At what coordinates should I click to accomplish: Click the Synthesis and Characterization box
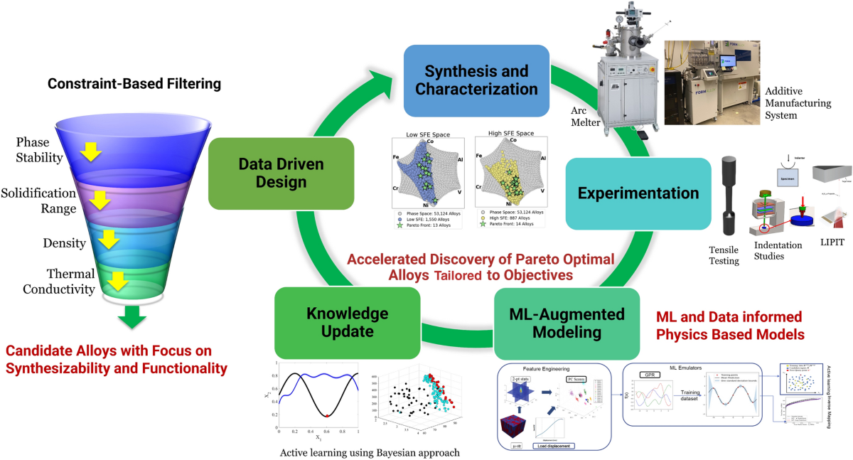[x=476, y=80]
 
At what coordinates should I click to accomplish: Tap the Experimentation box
[x=638, y=193]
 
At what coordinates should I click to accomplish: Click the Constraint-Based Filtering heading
[x=134, y=84]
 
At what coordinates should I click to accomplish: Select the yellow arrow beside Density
[x=109, y=240]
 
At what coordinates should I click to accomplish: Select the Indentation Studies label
[x=776, y=251]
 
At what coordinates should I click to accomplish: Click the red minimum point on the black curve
[x=326, y=414]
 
